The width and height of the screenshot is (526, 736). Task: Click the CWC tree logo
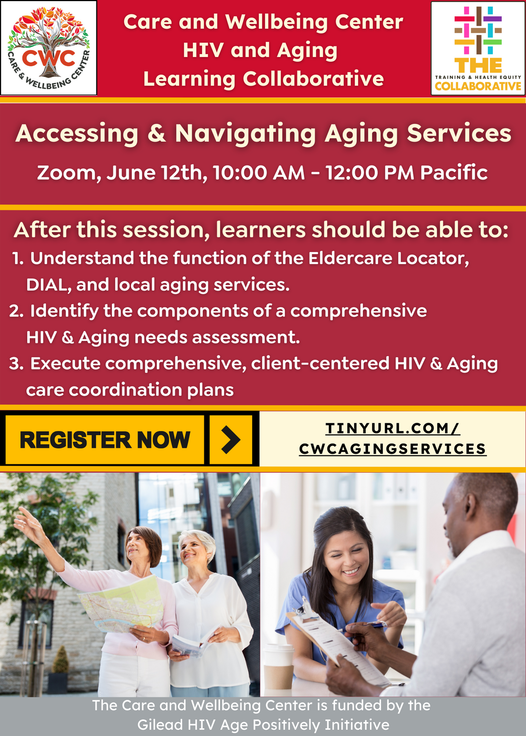coord(49,48)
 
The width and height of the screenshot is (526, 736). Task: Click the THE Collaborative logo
coord(478,48)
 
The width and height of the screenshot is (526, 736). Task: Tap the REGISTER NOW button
coord(105,440)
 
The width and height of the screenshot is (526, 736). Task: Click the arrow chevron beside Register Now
coord(231,439)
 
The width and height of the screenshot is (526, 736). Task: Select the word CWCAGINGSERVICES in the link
coord(393,449)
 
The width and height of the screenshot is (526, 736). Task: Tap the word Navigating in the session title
coord(245,133)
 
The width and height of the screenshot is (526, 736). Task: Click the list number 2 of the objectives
coord(16,311)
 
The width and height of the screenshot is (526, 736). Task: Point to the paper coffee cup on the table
coord(279,668)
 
